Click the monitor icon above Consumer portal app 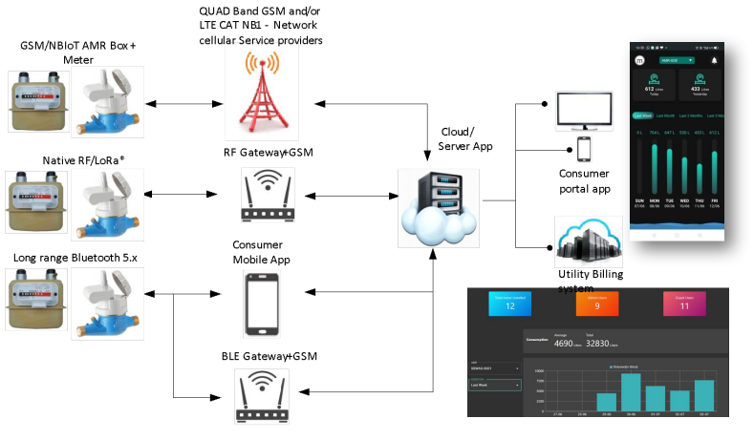pyautogui.click(x=584, y=111)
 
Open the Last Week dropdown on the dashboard pyautogui.click(x=494, y=385)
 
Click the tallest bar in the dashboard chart pyautogui.click(x=630, y=390)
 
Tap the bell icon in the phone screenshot pyautogui.click(x=713, y=59)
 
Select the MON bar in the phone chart pyautogui.click(x=656, y=173)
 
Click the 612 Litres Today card pyautogui.click(x=655, y=85)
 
